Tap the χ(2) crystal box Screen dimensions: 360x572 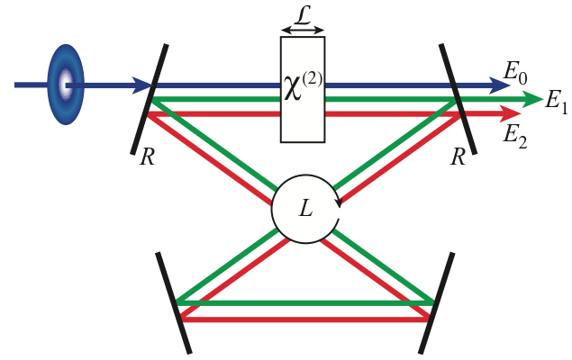tap(303, 89)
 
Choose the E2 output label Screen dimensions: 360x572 tap(514, 135)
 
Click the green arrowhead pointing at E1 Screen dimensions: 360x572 tap(524, 99)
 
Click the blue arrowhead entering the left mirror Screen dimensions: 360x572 tap(141, 85)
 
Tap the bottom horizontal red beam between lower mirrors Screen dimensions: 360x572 tap(304, 317)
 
